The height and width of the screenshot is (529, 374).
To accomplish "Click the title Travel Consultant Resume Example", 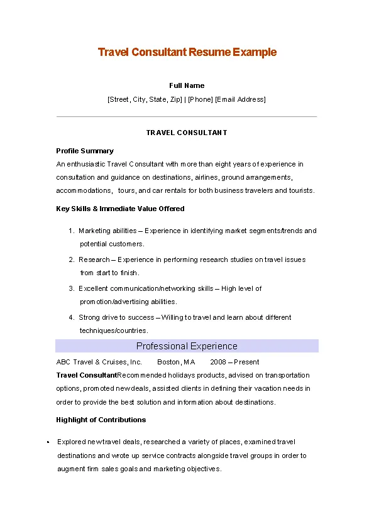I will (187, 52).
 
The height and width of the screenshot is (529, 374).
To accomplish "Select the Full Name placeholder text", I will (187, 85).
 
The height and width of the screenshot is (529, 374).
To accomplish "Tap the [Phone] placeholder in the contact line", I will (201, 99).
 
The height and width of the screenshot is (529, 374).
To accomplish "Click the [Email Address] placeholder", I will (241, 99).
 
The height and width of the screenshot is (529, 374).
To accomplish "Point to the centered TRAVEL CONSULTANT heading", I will (187, 133).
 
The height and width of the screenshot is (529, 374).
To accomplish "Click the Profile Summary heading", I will (85, 151).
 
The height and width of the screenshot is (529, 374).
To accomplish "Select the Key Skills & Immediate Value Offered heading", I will (120, 209).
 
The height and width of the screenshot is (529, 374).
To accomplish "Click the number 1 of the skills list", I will (72, 231).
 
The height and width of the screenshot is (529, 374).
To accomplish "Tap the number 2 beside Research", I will (72, 259).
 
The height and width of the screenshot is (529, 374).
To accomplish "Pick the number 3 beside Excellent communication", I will (72, 288).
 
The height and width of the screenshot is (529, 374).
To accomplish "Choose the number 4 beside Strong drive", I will (72, 317).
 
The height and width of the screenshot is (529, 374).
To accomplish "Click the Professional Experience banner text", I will (187, 346).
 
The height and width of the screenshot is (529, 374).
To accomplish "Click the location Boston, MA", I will (176, 362).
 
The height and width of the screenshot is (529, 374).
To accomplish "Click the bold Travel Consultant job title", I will (86, 375).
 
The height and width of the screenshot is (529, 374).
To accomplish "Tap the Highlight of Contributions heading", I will (101, 420).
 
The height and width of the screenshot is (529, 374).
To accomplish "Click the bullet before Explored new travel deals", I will (48, 442).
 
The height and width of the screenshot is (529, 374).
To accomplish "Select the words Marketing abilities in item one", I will (103, 231).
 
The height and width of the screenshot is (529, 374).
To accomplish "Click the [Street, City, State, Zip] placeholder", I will (145, 99).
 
